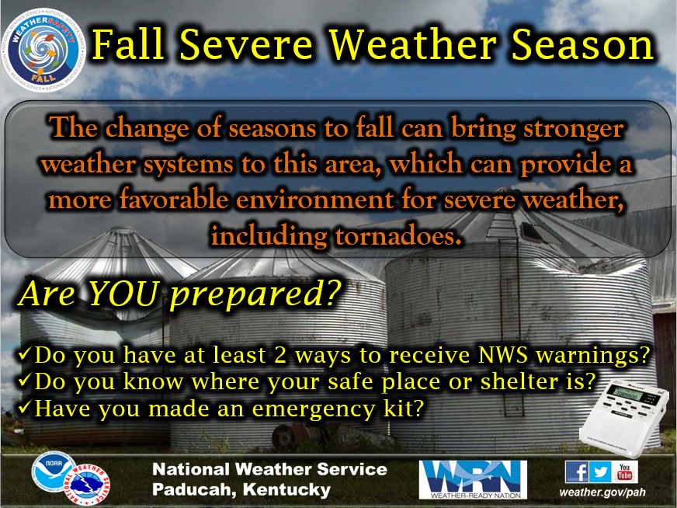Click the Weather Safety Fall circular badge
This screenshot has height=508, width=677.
pyautogui.click(x=43, y=50)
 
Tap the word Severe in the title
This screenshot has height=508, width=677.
pyautogui.click(x=246, y=44)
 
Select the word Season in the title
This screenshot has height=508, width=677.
pyautogui.click(x=582, y=44)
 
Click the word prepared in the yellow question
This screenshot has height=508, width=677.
pyautogui.click(x=255, y=296)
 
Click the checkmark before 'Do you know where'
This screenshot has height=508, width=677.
pyautogui.click(x=24, y=380)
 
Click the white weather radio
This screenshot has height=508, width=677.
pyautogui.click(x=624, y=418)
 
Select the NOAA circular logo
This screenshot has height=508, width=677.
pyautogui.click(x=54, y=471)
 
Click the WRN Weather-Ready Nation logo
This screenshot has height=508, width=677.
pyautogui.click(x=473, y=479)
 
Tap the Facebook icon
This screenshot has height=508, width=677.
pyautogui.click(x=578, y=471)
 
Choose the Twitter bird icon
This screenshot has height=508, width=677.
pyautogui.click(x=601, y=471)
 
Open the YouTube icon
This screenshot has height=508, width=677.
pyautogui.click(x=625, y=471)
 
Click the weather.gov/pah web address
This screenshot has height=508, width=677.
pyautogui.click(x=602, y=492)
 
